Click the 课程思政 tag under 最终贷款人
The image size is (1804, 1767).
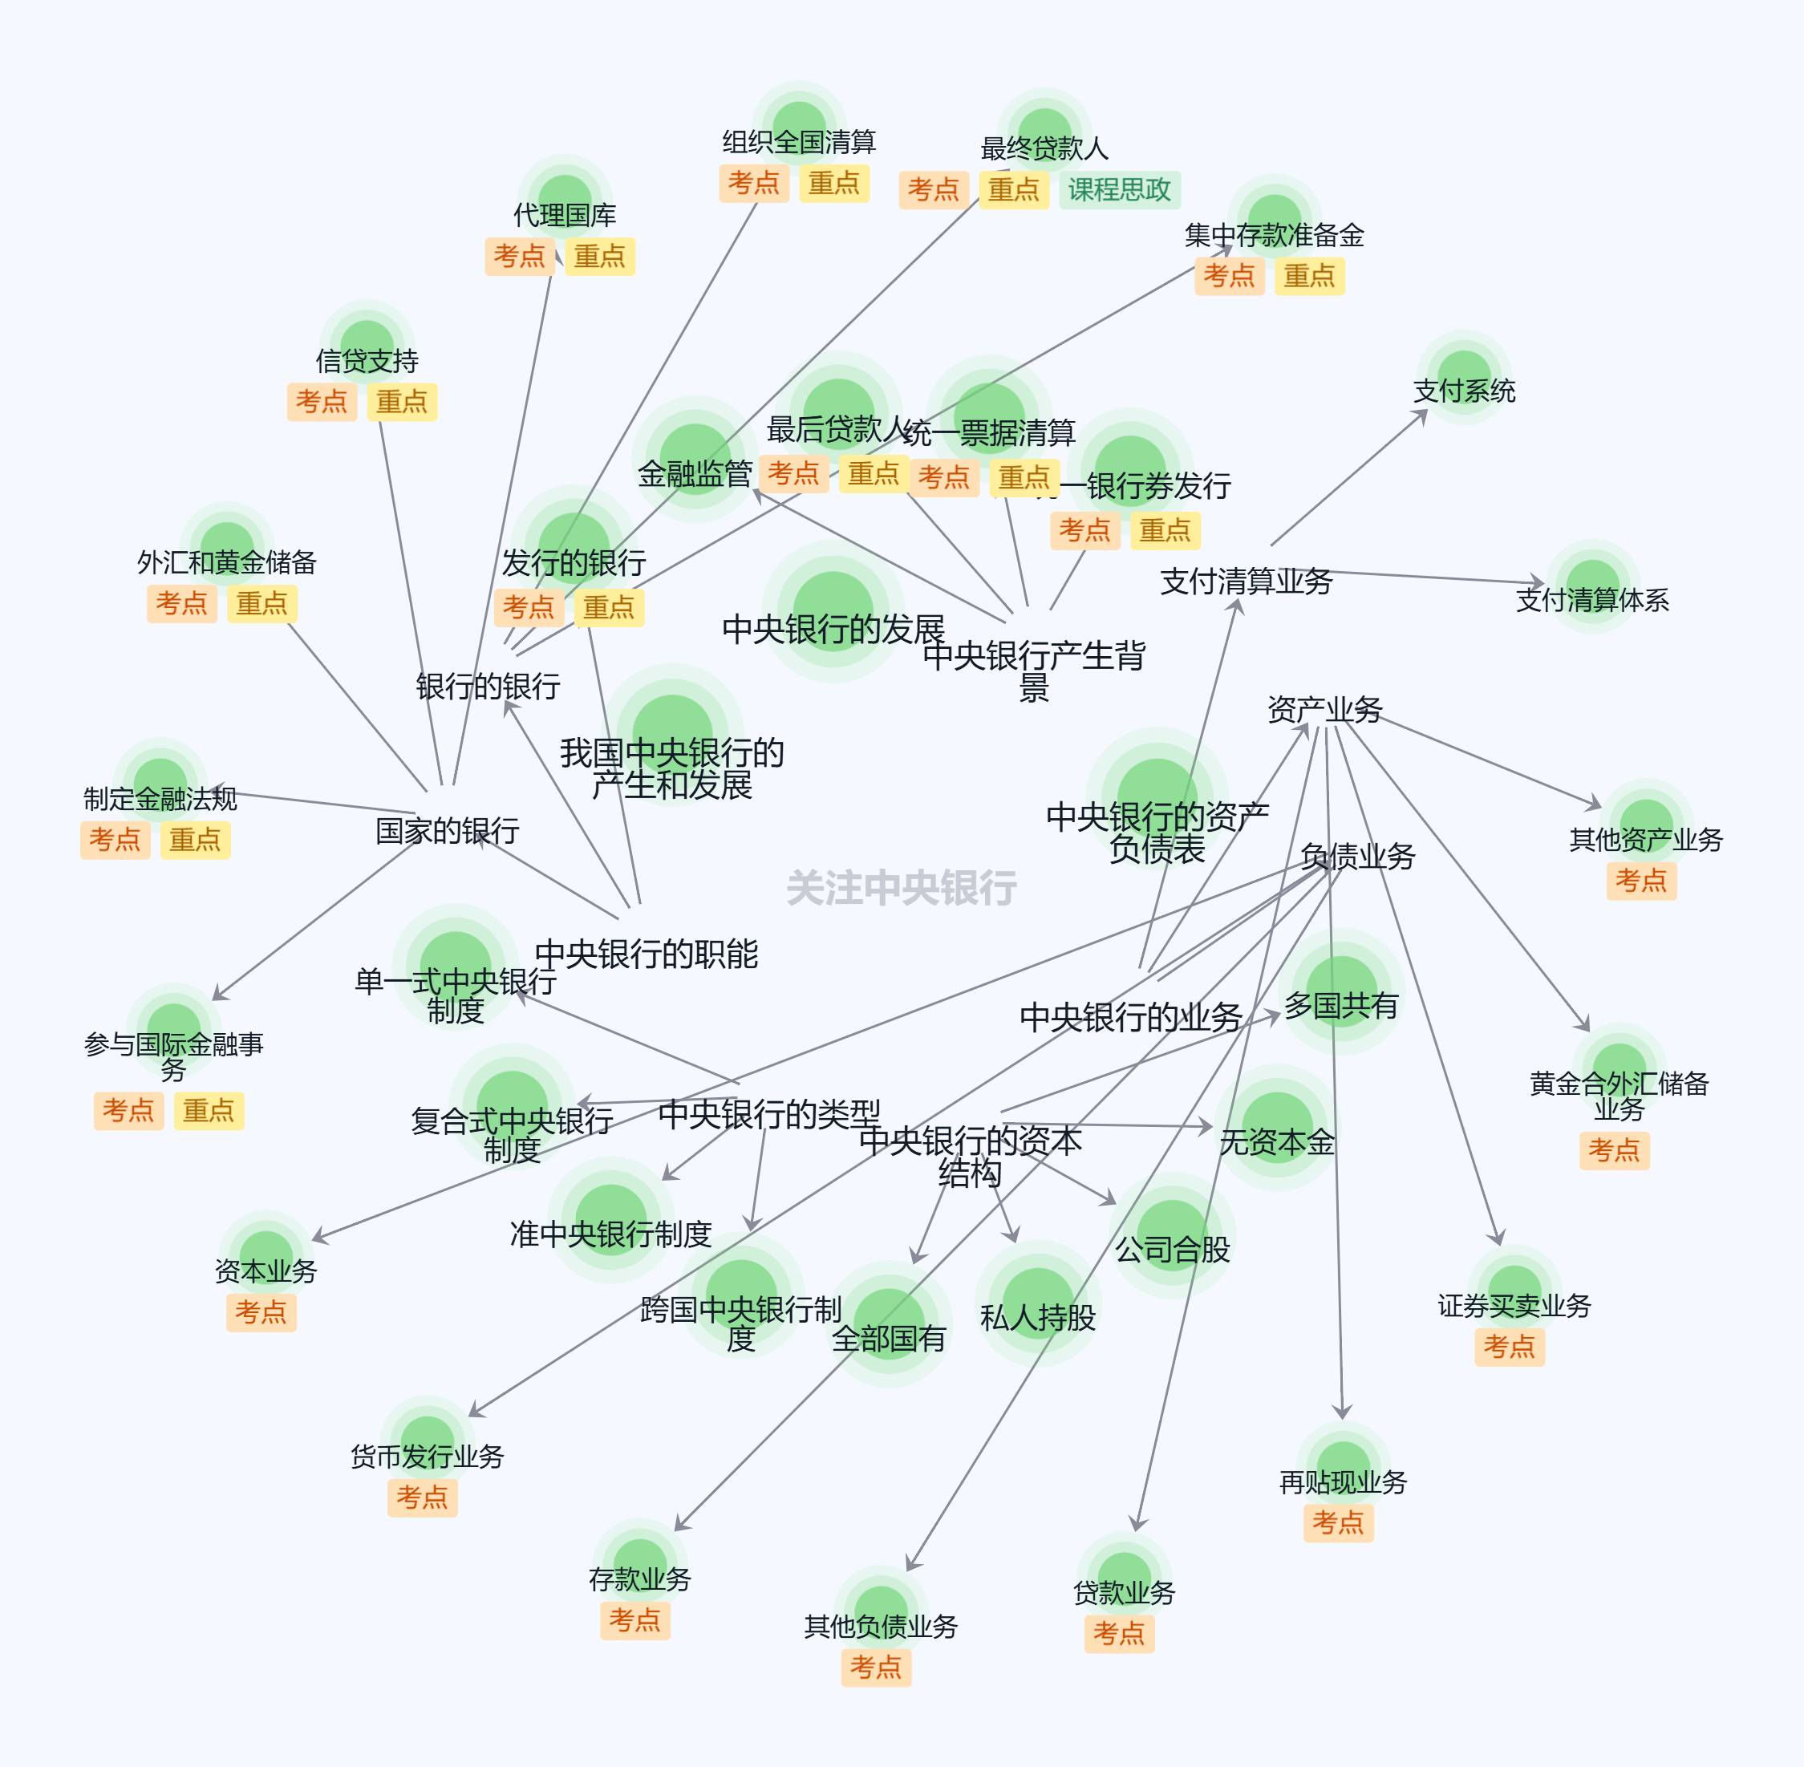pos(1119,190)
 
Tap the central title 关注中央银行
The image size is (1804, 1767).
pos(901,888)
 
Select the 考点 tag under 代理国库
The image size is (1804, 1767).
pos(519,256)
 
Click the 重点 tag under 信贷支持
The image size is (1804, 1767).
pos(402,402)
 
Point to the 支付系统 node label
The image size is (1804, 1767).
pos(1465,391)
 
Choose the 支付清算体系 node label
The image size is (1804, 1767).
pos(1592,599)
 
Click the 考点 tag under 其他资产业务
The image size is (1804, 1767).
pos(1640,880)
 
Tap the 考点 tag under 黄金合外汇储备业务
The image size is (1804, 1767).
pos(1614,1150)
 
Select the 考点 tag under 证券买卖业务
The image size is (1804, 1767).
pos(1509,1346)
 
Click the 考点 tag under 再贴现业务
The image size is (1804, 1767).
pos(1337,1522)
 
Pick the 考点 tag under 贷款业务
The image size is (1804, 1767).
pos(1118,1632)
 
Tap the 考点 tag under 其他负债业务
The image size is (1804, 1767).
pos(875,1667)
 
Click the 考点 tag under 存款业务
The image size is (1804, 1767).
pos(634,1619)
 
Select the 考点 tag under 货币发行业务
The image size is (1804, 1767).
pos(421,1496)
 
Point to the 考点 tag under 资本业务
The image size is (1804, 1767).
pos(261,1311)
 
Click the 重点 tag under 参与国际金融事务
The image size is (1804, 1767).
pos(208,1110)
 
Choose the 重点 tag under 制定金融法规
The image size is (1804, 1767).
pos(195,840)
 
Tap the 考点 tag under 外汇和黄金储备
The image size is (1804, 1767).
pos(181,603)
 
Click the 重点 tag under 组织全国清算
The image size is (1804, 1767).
pos(833,183)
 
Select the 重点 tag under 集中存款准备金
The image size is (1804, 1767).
pos(1308,276)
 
